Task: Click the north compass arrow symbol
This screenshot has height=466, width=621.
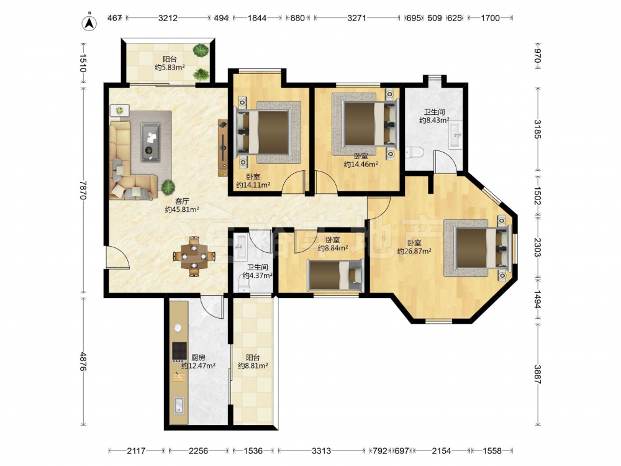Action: pyautogui.click(x=89, y=22)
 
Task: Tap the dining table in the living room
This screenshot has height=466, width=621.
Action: pyautogui.click(x=194, y=256)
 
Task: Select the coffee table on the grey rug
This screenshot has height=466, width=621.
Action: pyautogui.click(x=151, y=142)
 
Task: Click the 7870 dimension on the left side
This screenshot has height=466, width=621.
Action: pyautogui.click(x=83, y=191)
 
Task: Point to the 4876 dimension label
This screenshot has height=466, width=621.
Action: pyautogui.click(x=83, y=362)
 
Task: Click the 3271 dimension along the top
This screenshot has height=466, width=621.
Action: pyautogui.click(x=356, y=18)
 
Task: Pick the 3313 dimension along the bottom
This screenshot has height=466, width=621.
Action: pyautogui.click(x=321, y=450)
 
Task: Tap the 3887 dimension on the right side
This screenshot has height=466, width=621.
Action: pyautogui.click(x=537, y=374)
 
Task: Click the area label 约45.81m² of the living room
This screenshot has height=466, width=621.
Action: pyautogui.click(x=182, y=209)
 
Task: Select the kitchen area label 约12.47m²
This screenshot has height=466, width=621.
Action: pyautogui.click(x=198, y=366)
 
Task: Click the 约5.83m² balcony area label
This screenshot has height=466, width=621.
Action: pyautogui.click(x=170, y=68)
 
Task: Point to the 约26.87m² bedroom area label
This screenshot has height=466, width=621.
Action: pyautogui.click(x=414, y=251)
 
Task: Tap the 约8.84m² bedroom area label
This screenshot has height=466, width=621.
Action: pyautogui.click(x=333, y=248)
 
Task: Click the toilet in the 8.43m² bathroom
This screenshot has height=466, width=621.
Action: pyautogui.click(x=414, y=152)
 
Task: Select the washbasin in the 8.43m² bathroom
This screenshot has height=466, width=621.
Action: pyautogui.click(x=455, y=135)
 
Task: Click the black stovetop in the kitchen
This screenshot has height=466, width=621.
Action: pyautogui.click(x=179, y=350)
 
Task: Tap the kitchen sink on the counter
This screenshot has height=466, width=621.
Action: pyautogui.click(x=179, y=405)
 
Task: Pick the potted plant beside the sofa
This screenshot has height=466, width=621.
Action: pyautogui.click(x=168, y=186)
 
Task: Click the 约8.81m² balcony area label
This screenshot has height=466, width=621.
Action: pyautogui.click(x=253, y=366)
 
